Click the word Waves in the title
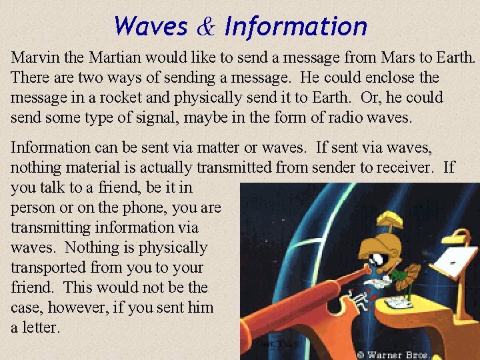(151, 27)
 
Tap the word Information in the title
(295, 27)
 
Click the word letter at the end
(41, 327)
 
